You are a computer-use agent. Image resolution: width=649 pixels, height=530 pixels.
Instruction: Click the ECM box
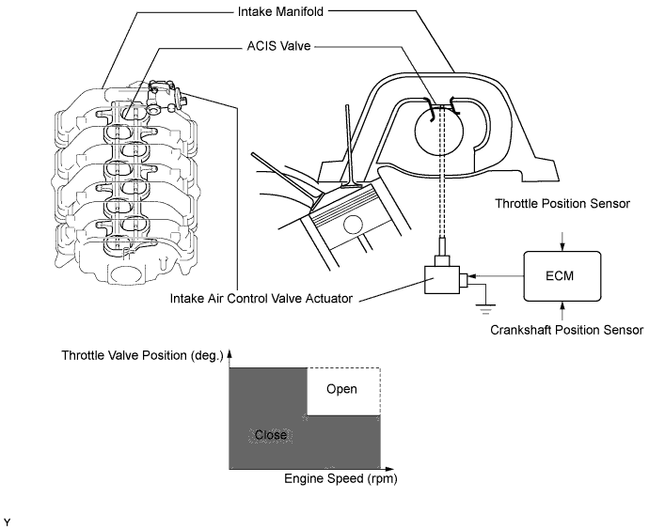click(x=562, y=276)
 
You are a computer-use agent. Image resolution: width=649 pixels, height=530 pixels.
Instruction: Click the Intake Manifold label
click(x=280, y=11)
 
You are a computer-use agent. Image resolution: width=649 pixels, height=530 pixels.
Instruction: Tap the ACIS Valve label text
click(x=278, y=46)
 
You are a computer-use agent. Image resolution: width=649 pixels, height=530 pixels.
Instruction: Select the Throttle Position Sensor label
click(x=562, y=203)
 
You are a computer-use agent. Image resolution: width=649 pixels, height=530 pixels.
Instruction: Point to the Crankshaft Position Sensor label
click(x=566, y=330)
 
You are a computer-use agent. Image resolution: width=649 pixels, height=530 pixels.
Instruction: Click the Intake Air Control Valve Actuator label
click(x=261, y=298)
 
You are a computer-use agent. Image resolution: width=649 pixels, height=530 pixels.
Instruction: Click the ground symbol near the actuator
click(x=485, y=309)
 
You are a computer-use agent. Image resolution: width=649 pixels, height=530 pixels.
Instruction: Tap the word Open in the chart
click(x=341, y=389)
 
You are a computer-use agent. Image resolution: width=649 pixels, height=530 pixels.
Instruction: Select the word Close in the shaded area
click(x=271, y=435)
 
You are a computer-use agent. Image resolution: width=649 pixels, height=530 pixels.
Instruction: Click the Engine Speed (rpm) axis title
click(x=340, y=478)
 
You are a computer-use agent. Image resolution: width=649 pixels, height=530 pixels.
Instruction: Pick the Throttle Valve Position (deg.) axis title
click(x=142, y=355)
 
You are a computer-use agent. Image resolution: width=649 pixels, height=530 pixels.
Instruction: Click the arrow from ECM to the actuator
click(x=497, y=275)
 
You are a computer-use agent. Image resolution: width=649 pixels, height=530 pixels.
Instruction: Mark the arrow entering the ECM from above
click(x=562, y=242)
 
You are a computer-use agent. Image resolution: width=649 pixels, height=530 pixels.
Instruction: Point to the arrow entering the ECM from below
click(x=562, y=310)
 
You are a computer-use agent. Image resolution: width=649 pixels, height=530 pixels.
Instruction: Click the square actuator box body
click(x=442, y=280)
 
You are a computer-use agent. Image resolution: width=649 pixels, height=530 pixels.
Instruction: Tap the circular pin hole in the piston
click(x=353, y=226)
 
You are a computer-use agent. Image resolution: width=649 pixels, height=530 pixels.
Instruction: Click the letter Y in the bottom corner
click(x=7, y=523)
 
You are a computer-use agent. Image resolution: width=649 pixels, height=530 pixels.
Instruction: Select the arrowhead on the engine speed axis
click(x=389, y=469)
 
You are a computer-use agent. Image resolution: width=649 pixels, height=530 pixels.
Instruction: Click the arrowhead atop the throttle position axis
click(x=230, y=354)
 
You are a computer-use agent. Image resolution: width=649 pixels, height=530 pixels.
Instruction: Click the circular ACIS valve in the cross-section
click(x=439, y=131)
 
